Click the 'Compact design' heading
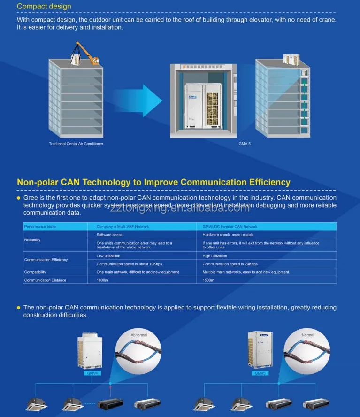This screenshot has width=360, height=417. (x=44, y=7)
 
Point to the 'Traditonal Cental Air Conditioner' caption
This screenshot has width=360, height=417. (x=76, y=144)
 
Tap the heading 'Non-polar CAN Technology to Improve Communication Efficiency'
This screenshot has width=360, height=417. (x=153, y=182)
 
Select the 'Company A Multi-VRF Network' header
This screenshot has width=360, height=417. (x=123, y=227)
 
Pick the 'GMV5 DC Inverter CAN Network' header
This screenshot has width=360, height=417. (x=230, y=227)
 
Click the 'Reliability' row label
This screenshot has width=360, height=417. (x=32, y=240)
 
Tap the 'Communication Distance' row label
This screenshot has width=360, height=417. (x=45, y=280)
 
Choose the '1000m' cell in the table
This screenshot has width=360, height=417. (x=102, y=280)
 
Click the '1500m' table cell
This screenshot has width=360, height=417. (x=208, y=280)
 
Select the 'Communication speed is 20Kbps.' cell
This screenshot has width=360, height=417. (x=230, y=264)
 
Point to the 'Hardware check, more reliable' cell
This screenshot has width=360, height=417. (x=228, y=235)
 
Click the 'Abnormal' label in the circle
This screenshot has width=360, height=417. (x=138, y=335)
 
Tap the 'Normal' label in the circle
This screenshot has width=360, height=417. (x=308, y=335)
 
